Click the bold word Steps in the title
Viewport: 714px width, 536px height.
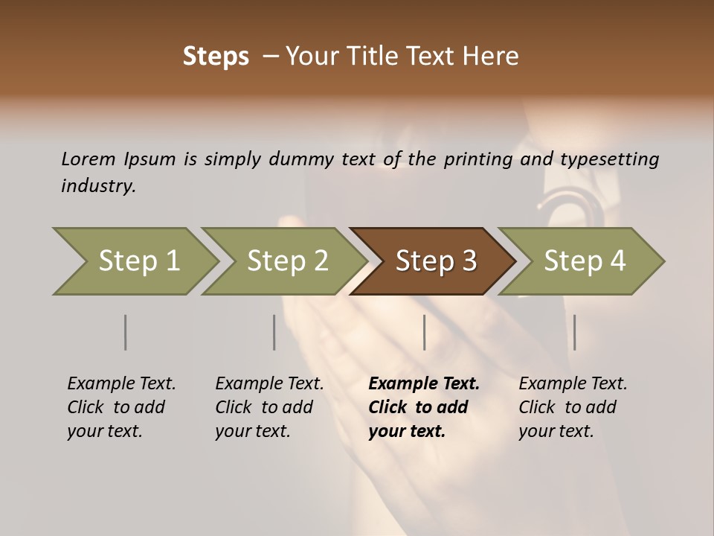point(216,57)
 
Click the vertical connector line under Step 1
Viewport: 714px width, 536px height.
point(125,332)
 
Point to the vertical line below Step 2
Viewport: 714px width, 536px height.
point(274,332)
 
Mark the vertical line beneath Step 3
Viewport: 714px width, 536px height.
point(424,332)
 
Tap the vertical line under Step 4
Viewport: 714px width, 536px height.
point(574,332)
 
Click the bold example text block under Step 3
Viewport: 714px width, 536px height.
point(424,407)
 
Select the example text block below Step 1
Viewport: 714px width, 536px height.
point(121,407)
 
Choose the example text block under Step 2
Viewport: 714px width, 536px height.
point(269,407)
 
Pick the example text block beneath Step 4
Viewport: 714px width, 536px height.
point(573,407)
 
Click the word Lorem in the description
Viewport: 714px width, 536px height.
point(88,159)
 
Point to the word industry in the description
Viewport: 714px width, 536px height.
point(98,186)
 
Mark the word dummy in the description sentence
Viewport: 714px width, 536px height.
point(305,159)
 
